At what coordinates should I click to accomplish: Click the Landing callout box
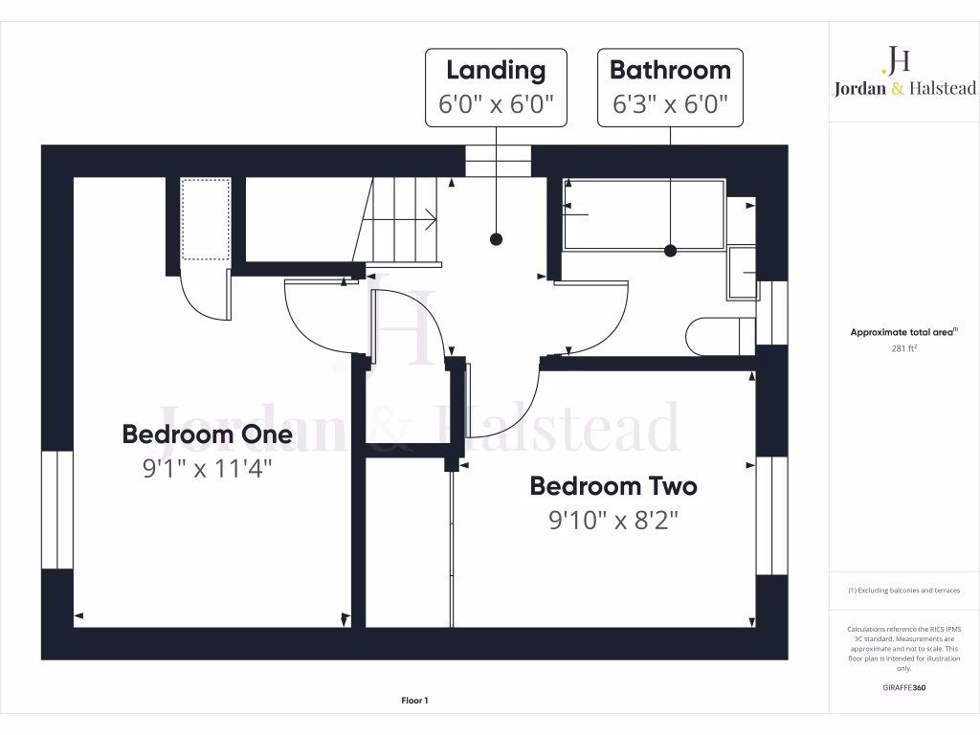tap(496, 87)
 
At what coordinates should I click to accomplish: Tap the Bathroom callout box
tap(670, 87)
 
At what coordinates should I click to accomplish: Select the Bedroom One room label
tap(207, 434)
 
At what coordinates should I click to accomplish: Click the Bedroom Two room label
tap(613, 486)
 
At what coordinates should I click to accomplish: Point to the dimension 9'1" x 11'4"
tap(207, 469)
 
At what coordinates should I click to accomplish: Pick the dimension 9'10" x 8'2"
tap(613, 521)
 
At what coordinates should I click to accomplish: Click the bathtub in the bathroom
tap(643, 214)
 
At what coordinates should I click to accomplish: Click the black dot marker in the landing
tap(496, 239)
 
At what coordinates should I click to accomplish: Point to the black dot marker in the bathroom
tap(670, 251)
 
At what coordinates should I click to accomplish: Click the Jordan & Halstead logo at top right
tap(903, 73)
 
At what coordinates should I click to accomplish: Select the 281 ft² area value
tap(903, 348)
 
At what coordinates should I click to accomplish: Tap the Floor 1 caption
tap(414, 701)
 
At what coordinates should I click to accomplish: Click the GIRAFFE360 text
tap(903, 687)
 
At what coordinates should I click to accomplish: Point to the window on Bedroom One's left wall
tap(56, 509)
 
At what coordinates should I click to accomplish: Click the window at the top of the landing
tap(497, 161)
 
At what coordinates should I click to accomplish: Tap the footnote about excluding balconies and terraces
tap(903, 590)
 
